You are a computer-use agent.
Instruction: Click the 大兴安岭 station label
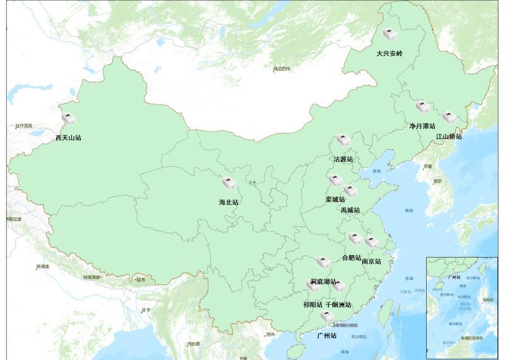(389, 54)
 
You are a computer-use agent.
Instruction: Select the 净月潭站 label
(422, 126)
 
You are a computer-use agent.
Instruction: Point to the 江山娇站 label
(449, 136)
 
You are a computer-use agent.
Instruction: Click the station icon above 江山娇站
(449, 117)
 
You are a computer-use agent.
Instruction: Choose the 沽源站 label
(343, 159)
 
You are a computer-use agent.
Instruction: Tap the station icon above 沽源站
(343, 140)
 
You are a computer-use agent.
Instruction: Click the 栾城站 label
(335, 200)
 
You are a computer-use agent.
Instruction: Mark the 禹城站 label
(350, 210)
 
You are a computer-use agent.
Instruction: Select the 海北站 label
(229, 203)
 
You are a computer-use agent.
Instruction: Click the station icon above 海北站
(229, 184)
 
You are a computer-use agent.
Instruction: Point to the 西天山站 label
(68, 137)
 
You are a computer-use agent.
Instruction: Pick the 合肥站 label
(351, 258)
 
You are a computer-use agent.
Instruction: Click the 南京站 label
(371, 261)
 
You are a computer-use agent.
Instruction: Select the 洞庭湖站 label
(323, 281)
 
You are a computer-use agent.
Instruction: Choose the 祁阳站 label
(313, 304)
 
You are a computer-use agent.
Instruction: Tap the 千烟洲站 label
(338, 304)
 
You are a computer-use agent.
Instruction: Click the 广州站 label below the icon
(326, 336)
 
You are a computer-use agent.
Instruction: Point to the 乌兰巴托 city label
(282, 68)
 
